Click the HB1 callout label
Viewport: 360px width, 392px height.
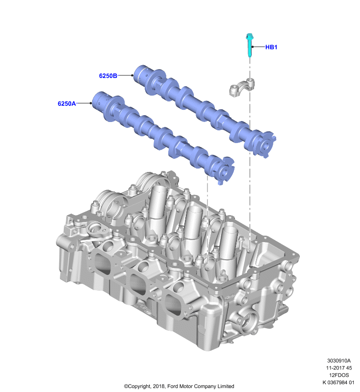pyautogui.click(x=271, y=47)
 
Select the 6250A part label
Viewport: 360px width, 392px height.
pyautogui.click(x=67, y=103)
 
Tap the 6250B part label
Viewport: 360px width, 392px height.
pyautogui.click(x=108, y=76)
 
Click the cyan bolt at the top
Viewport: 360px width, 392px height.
pyautogui.click(x=250, y=45)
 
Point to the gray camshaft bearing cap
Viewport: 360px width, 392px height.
pyautogui.click(x=242, y=87)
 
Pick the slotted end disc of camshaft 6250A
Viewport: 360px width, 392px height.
pyautogui.click(x=223, y=171)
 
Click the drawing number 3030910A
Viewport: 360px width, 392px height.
pyautogui.click(x=339, y=361)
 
